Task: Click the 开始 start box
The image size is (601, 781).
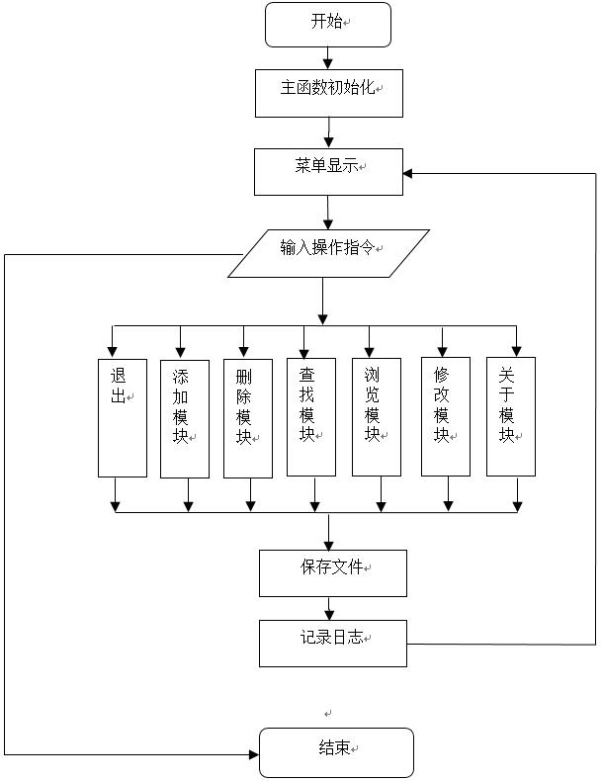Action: (x=328, y=24)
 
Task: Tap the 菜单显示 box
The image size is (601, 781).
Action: (x=328, y=171)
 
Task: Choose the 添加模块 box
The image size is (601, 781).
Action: (x=185, y=418)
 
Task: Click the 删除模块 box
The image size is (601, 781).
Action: (x=247, y=418)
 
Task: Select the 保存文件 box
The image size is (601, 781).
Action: (x=332, y=572)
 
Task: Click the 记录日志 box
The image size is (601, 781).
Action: (x=332, y=643)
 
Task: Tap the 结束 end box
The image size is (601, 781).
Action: (x=336, y=752)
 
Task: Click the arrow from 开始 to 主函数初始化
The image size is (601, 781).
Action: (x=328, y=57)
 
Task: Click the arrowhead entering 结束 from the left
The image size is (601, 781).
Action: (x=252, y=753)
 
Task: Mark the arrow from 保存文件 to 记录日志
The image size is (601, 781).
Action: (x=332, y=608)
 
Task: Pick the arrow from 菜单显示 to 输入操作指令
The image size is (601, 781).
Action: (x=328, y=213)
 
